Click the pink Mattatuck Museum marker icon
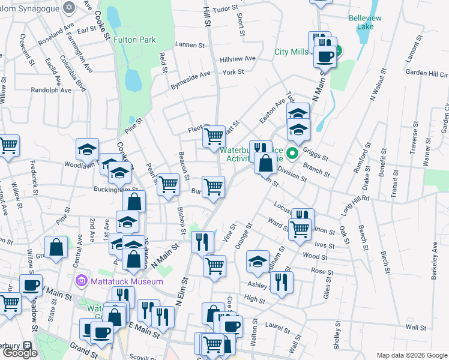(x=82, y=281)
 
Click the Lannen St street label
(x=191, y=44)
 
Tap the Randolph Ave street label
(x=51, y=90)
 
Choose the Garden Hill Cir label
(x=427, y=73)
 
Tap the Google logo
(x=20, y=353)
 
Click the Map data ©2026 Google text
(x=412, y=355)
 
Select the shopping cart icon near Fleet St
(x=214, y=137)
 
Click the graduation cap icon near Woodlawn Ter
(x=88, y=149)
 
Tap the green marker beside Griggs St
(x=292, y=153)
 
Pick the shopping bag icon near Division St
(x=265, y=162)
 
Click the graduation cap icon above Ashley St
(x=258, y=261)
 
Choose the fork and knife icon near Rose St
(x=282, y=283)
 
